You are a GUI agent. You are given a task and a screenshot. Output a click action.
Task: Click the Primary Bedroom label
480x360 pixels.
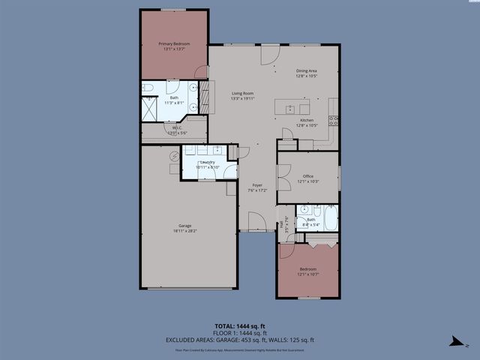(173, 44)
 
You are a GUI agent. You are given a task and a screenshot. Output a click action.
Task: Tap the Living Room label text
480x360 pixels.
(242, 93)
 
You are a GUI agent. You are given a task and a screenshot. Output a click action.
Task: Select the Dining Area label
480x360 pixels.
(307, 70)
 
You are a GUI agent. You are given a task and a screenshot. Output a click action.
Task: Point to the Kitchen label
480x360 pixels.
(307, 120)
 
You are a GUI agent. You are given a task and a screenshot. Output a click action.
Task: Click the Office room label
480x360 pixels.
(307, 176)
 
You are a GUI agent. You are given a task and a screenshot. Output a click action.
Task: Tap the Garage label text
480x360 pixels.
(184, 226)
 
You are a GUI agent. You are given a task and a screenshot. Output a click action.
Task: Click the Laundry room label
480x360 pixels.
(206, 162)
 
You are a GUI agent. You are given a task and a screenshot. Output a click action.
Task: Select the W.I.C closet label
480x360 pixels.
(177, 128)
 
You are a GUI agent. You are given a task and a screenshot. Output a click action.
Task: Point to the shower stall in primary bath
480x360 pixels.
(150, 109)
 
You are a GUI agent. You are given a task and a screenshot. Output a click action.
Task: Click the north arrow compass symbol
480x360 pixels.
(453, 342)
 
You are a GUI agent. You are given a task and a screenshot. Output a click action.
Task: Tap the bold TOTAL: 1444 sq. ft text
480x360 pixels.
(239, 326)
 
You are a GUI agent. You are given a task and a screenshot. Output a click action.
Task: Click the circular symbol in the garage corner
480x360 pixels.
(174, 155)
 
